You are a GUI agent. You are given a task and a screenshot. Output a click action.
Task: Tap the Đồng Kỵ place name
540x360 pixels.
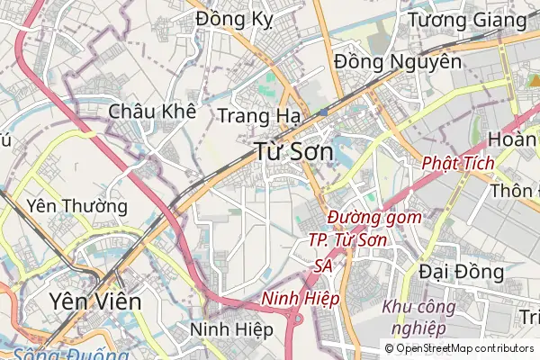coord(233,19)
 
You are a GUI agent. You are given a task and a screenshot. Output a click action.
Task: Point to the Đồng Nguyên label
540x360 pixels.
coord(397,62)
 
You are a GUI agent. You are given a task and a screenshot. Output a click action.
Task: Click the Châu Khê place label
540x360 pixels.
coord(152,112)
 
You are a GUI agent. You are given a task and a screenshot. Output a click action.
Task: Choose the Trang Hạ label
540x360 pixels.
coord(258,115)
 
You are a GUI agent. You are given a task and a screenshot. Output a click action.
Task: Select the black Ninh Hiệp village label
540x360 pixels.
coord(231,329)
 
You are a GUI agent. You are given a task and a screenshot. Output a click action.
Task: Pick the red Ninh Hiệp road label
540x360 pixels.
coord(300,298)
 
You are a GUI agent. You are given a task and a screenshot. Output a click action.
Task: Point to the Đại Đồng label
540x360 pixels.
coord(462,271)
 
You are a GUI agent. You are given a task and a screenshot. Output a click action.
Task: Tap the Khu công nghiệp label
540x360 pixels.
coord(419,317)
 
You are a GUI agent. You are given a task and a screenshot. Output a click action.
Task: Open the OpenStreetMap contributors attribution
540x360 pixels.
coord(459,348)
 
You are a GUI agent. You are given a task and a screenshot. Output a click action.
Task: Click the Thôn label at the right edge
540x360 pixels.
coord(515,191)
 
